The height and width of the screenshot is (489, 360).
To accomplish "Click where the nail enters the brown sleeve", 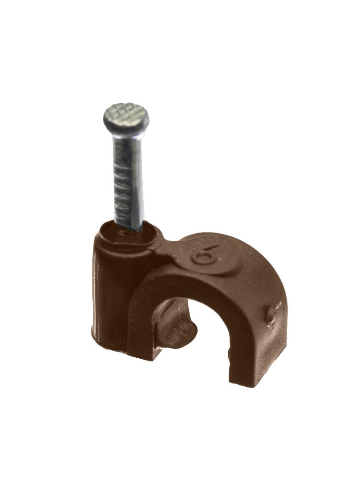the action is point(128,228).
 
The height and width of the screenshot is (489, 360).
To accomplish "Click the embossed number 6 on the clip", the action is point(205,254).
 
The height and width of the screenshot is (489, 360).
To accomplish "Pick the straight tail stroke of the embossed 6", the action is point(211,249).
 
